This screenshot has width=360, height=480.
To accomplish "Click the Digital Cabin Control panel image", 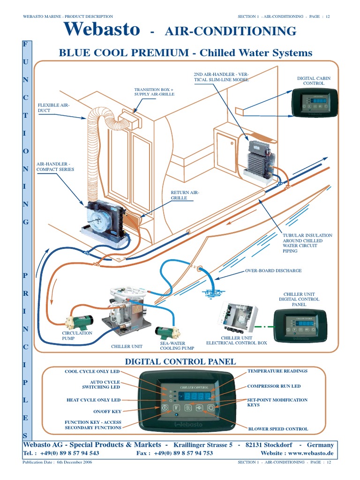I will click(314, 102).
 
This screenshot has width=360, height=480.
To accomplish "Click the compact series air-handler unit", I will click(104, 220).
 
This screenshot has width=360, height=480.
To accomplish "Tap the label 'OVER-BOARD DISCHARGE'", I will click(273, 271).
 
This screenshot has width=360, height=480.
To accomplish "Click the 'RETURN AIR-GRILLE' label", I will click(178, 195).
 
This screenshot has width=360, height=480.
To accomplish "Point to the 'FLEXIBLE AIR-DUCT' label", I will click(53, 108).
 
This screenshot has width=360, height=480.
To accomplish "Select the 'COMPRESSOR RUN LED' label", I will click(274, 386).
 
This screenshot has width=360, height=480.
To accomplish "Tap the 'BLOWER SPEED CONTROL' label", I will click(277, 429).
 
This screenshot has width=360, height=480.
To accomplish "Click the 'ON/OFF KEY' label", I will click(107, 411).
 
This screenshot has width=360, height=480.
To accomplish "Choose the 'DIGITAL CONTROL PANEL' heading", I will click(180, 361).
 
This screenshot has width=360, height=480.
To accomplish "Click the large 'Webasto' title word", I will click(102, 30).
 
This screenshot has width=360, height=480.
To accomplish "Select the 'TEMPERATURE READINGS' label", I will click(277, 371).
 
